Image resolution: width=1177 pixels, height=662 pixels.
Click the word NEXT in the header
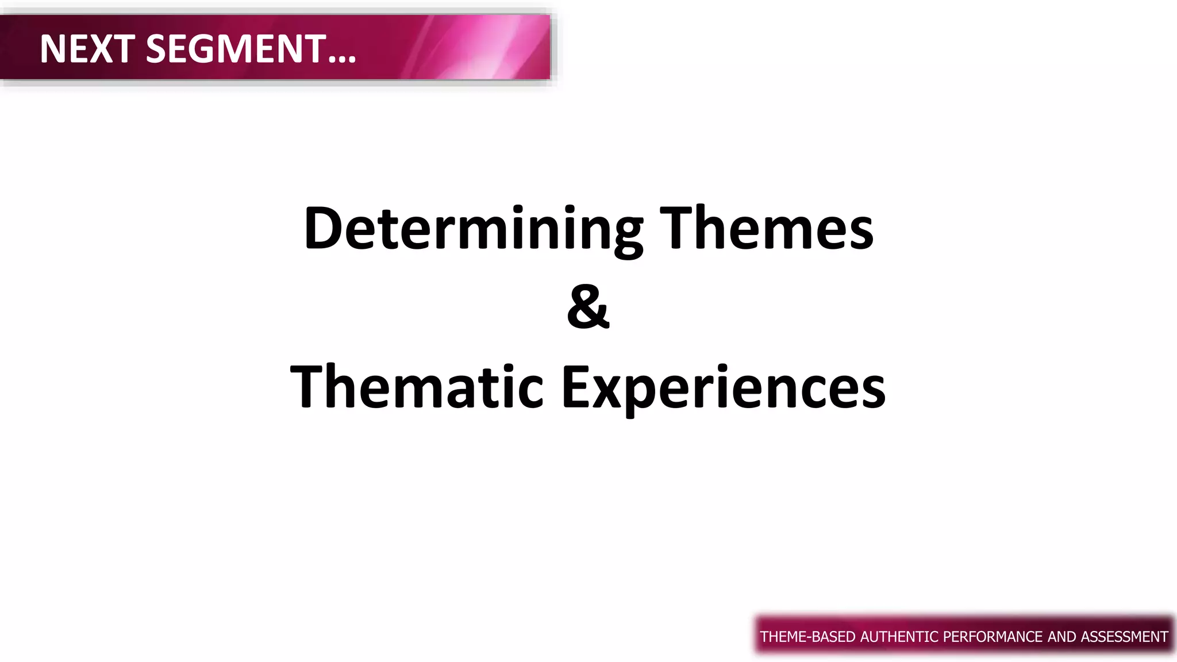point(87,49)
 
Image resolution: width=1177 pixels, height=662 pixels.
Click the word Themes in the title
point(767,229)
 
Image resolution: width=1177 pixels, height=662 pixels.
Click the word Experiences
point(724,388)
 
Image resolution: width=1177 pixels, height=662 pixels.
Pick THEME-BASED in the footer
point(807,637)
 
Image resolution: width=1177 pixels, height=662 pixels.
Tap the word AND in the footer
point(1063,637)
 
